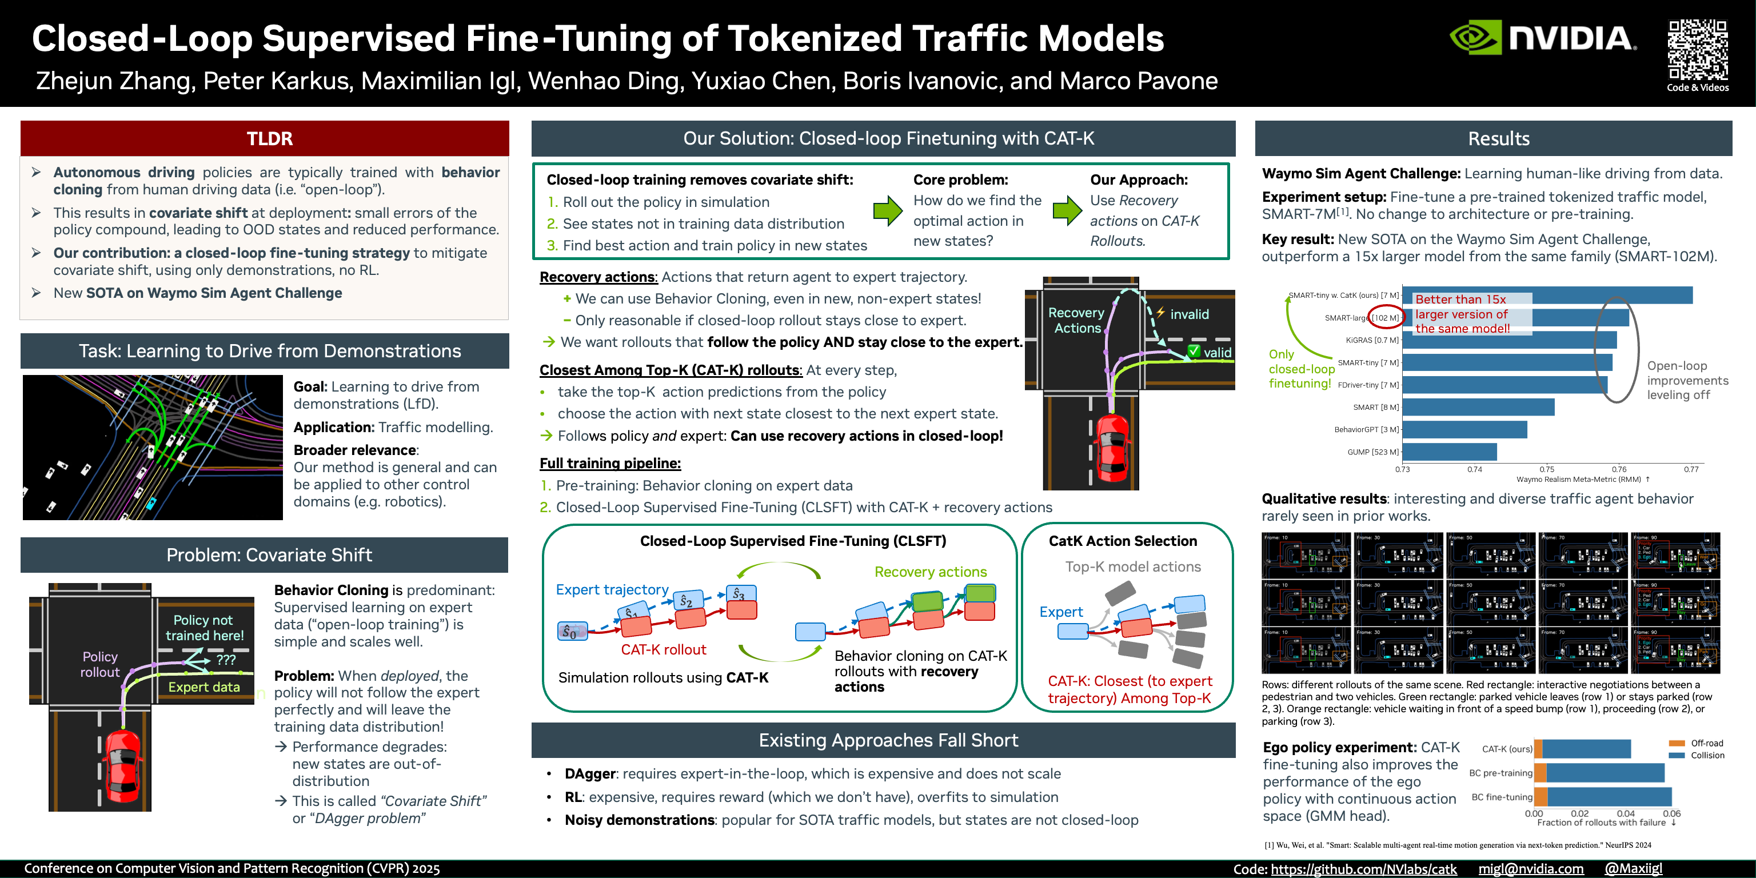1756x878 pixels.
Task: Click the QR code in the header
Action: click(1697, 49)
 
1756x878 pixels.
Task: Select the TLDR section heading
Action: click(269, 138)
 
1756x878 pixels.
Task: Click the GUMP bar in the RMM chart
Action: click(1449, 452)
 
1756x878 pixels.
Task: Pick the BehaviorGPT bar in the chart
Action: click(1464, 429)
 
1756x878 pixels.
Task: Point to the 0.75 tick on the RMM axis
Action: click(1547, 469)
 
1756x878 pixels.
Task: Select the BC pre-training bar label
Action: click(1500, 773)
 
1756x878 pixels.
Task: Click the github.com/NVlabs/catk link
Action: click(1363, 868)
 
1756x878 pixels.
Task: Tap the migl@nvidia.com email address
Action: click(1530, 868)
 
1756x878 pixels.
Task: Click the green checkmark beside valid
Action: click(1194, 351)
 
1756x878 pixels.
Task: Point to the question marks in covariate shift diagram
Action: click(226, 659)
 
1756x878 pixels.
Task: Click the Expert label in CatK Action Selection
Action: click(1061, 612)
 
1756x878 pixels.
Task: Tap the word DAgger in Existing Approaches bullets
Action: click(590, 774)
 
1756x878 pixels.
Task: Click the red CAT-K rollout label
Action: click(663, 649)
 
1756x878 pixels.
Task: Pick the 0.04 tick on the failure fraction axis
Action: click(1625, 813)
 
